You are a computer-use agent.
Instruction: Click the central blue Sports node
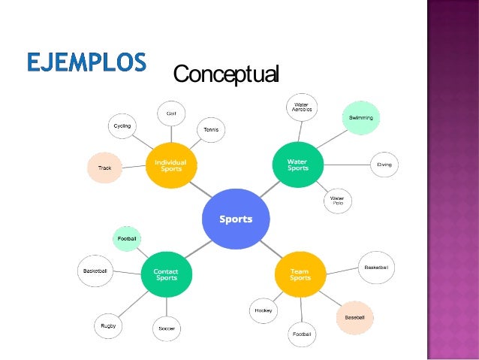[236, 219]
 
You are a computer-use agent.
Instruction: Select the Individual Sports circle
[170, 165]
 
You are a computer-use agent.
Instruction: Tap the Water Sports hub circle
[298, 165]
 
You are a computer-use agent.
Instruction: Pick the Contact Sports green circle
[166, 274]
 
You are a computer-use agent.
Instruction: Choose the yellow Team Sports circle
[300, 274]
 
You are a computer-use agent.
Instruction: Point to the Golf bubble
[171, 114]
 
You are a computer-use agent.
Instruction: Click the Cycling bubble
[122, 126]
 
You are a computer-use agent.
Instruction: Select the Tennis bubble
[210, 130]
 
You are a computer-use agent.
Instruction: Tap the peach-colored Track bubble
[105, 168]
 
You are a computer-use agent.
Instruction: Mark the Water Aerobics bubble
[302, 107]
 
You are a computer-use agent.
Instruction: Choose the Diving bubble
[384, 165]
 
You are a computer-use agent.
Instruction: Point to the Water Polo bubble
[337, 201]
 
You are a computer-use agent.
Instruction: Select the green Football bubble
[127, 239]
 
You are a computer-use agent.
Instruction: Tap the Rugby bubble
[109, 325]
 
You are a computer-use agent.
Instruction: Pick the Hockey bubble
[264, 310]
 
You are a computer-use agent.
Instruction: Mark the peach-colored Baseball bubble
[354, 318]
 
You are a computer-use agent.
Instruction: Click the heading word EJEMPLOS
[86, 63]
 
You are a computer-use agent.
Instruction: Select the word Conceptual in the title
[226, 74]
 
